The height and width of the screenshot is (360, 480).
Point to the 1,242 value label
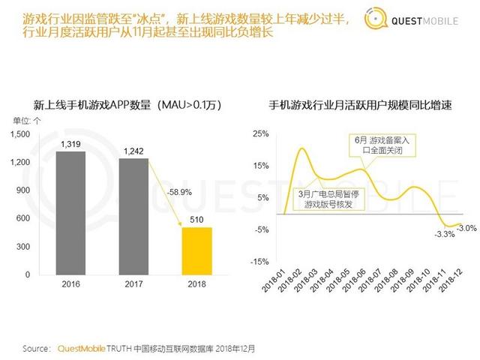click(x=133, y=151)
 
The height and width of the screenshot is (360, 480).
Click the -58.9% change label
click(x=180, y=192)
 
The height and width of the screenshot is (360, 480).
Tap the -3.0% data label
click(x=466, y=228)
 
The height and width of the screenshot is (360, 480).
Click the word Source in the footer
click(x=36, y=349)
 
